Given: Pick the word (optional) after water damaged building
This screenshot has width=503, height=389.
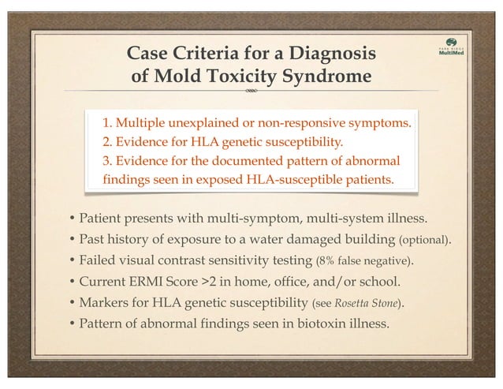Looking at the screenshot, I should (426, 239).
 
